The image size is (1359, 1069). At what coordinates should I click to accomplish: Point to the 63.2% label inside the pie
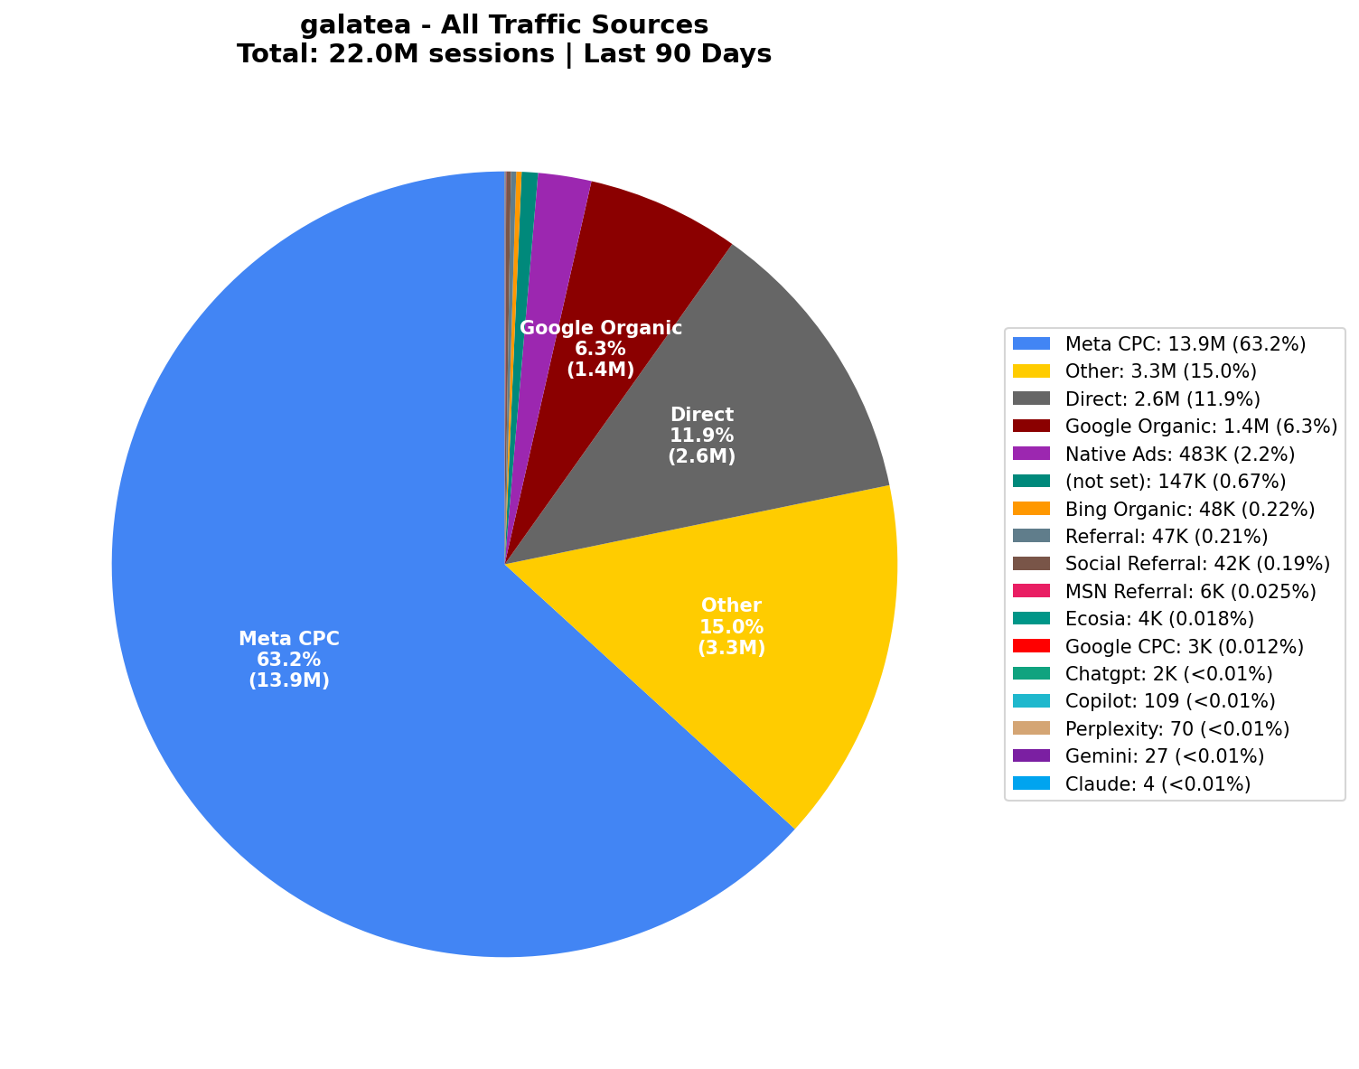tap(288, 660)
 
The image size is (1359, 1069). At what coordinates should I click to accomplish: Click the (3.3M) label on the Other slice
tap(731, 648)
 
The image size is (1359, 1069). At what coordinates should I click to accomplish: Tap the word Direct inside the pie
tap(701, 415)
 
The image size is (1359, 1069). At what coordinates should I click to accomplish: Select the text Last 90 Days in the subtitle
tap(677, 54)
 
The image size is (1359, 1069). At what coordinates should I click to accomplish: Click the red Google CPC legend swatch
tap(1031, 646)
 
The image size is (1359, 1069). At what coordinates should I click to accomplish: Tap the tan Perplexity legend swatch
tap(1031, 728)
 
